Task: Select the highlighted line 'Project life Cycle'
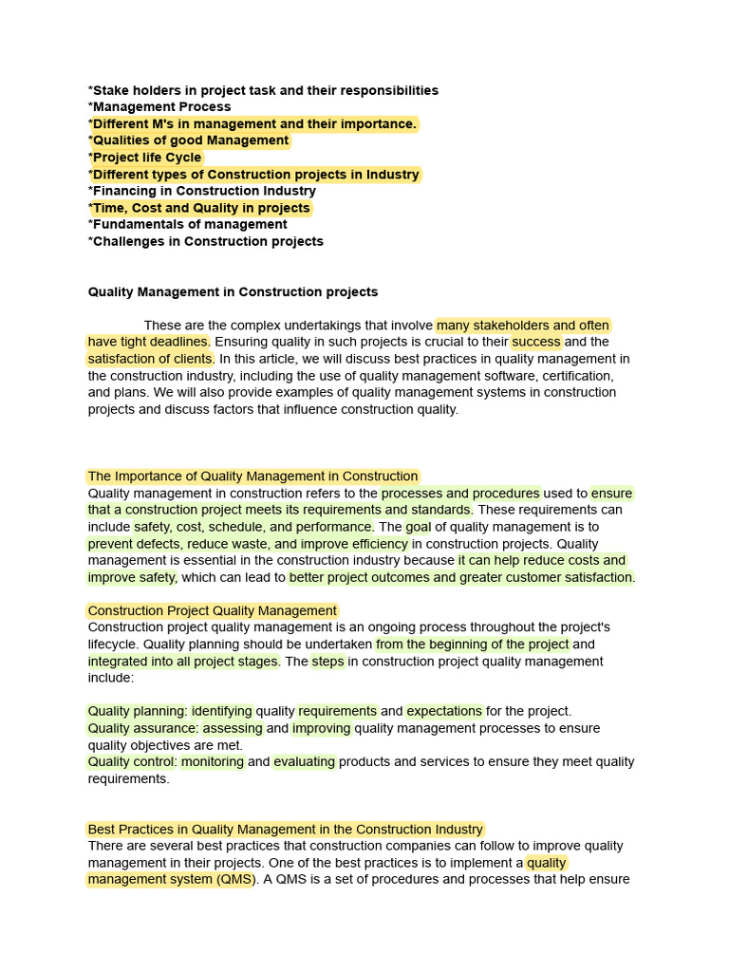(x=145, y=158)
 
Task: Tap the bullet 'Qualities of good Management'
(x=189, y=140)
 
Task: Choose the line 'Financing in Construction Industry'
(x=202, y=191)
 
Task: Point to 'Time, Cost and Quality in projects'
(x=199, y=208)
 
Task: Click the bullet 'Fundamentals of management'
(x=188, y=225)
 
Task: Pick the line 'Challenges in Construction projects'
(x=206, y=241)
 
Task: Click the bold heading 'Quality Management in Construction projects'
(x=233, y=292)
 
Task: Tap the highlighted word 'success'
(x=536, y=342)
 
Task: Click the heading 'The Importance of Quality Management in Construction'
(x=252, y=477)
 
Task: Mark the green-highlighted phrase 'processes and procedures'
(x=460, y=494)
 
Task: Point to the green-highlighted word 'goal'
(x=418, y=527)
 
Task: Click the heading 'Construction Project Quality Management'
(x=212, y=611)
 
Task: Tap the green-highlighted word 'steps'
(x=327, y=662)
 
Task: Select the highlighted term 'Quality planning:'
(x=138, y=711)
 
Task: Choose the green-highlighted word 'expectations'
(x=444, y=711)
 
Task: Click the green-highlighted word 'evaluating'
(x=305, y=761)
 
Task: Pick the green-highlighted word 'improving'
(x=321, y=728)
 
